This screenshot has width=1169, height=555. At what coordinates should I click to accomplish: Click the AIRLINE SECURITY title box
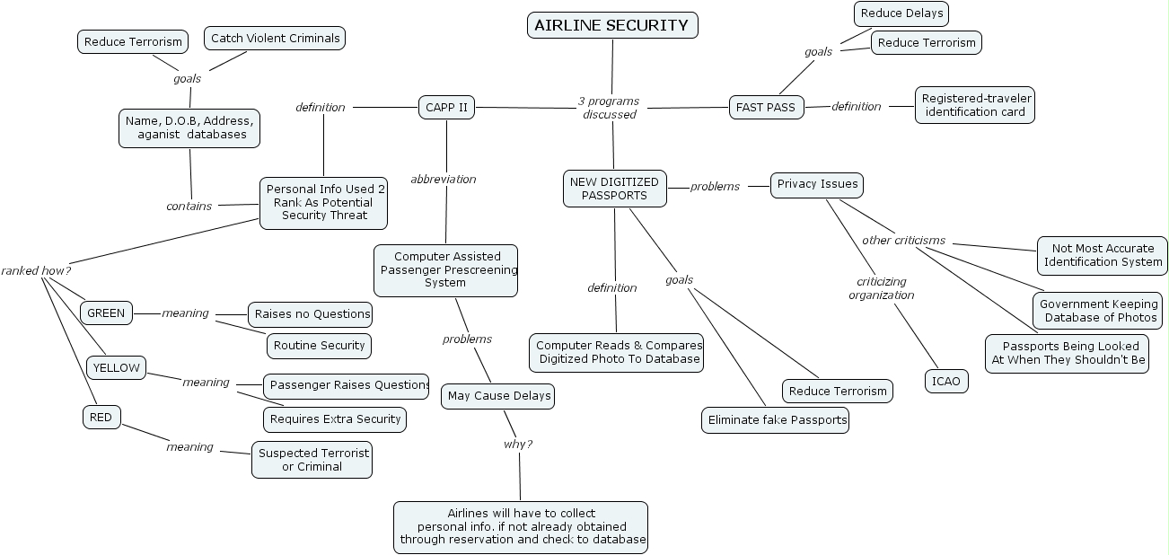click(611, 25)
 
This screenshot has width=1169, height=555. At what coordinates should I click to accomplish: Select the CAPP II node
click(445, 108)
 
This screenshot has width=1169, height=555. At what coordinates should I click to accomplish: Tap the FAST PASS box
click(766, 107)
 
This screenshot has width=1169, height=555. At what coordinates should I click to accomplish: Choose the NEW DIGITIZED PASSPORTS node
click(614, 189)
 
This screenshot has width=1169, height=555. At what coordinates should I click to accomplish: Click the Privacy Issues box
click(817, 184)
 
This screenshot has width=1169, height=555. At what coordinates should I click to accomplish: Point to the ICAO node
click(946, 381)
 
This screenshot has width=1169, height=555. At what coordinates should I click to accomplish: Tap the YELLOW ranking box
click(116, 367)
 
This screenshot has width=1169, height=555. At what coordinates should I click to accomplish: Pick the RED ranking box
click(101, 417)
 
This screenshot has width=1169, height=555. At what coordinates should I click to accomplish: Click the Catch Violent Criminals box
click(275, 38)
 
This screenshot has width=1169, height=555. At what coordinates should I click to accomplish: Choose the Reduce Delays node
click(901, 13)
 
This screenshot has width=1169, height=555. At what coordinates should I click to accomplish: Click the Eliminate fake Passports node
click(775, 419)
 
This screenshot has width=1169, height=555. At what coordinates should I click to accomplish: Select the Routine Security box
click(319, 345)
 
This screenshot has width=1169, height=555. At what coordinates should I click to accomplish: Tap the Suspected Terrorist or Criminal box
click(312, 460)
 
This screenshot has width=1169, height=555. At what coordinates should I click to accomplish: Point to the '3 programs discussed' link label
click(609, 108)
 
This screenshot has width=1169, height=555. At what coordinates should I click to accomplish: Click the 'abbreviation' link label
click(444, 179)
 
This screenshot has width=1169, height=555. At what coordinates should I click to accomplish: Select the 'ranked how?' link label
click(36, 270)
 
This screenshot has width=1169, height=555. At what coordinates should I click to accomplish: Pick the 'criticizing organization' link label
click(882, 288)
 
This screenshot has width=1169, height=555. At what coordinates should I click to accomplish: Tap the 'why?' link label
click(517, 444)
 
